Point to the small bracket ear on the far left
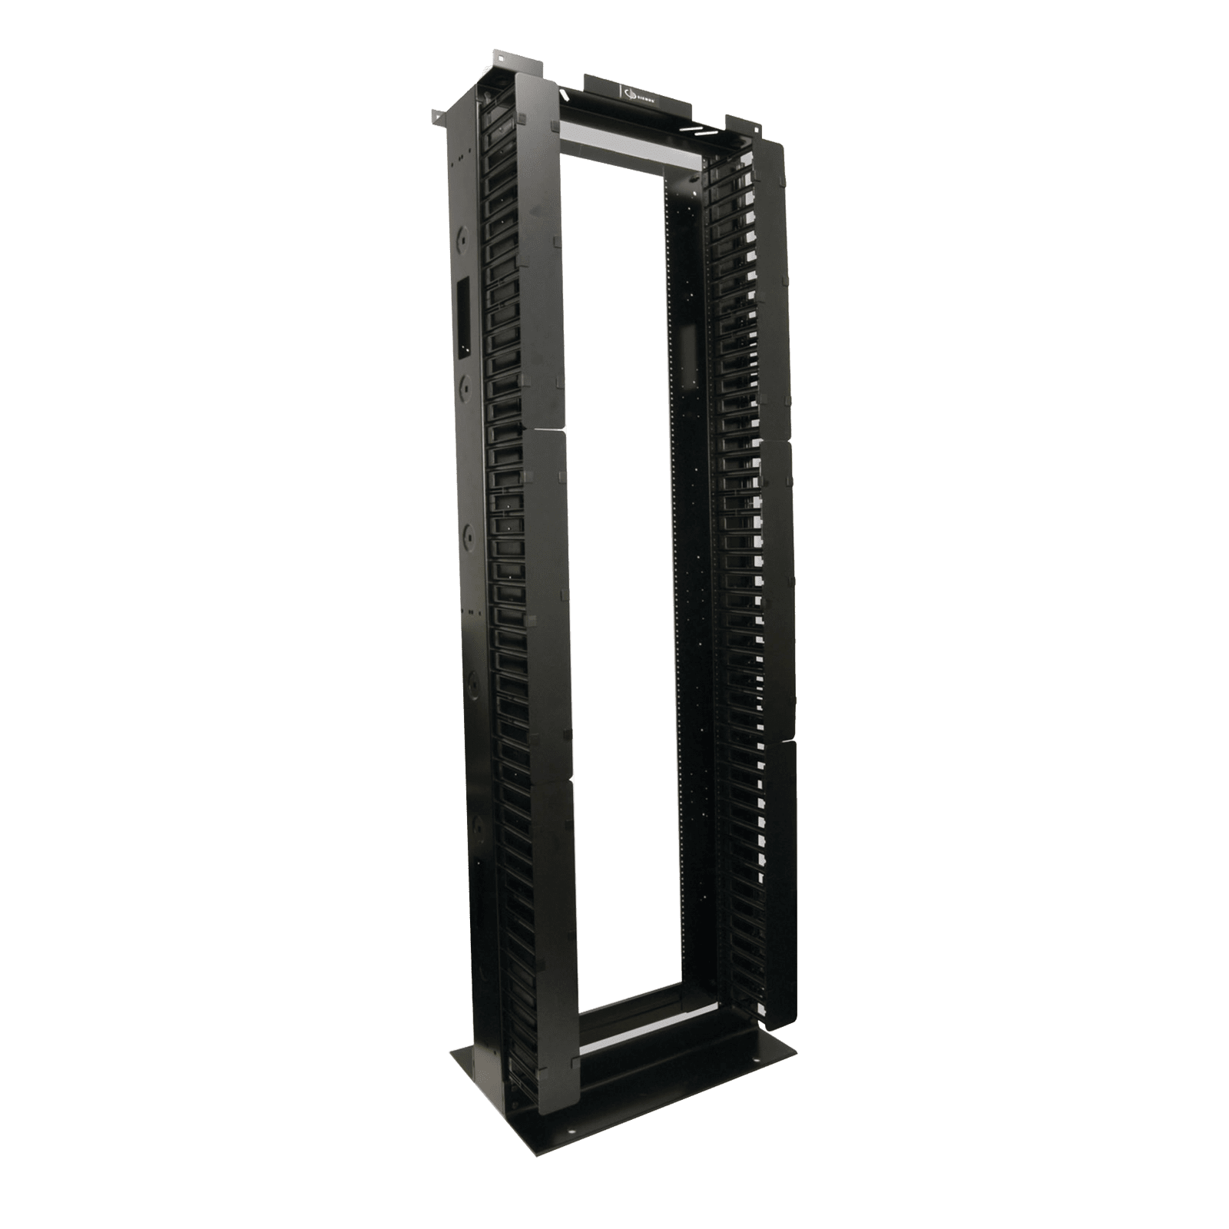[x=436, y=118]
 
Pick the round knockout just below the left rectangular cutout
[x=466, y=382]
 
